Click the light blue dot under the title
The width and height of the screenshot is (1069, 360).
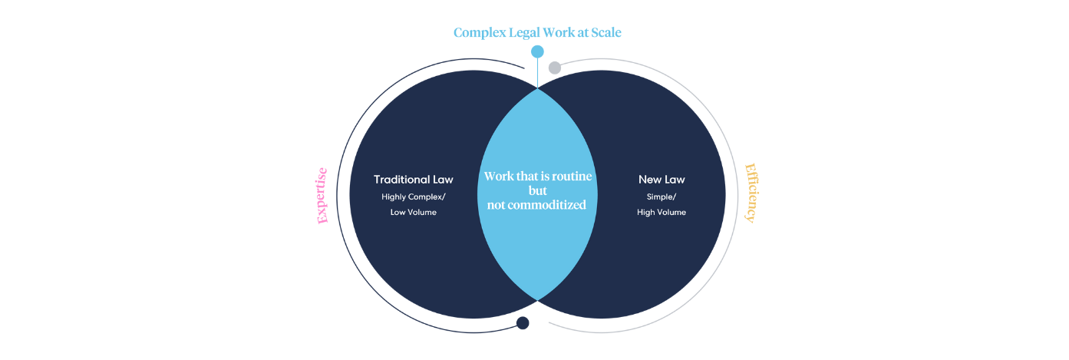click(x=537, y=51)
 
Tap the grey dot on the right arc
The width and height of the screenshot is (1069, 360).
click(x=555, y=68)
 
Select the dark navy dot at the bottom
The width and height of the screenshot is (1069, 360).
click(x=523, y=323)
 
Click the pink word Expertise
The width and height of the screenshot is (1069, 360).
click(x=322, y=196)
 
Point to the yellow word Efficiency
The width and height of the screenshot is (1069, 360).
click(x=751, y=193)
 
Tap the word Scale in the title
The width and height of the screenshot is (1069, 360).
click(x=606, y=32)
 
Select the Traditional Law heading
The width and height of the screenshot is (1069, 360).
click(x=414, y=180)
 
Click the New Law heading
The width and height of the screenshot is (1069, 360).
click(x=662, y=180)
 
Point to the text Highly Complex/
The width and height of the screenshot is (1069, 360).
click(x=414, y=197)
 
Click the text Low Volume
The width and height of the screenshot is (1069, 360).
click(x=414, y=212)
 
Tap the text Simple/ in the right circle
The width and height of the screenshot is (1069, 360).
click(x=662, y=197)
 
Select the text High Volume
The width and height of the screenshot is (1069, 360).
click(x=662, y=212)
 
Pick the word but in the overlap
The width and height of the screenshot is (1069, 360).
click(x=537, y=190)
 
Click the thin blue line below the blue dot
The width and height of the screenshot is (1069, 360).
click(x=537, y=73)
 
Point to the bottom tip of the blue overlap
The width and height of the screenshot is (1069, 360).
click(x=537, y=301)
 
